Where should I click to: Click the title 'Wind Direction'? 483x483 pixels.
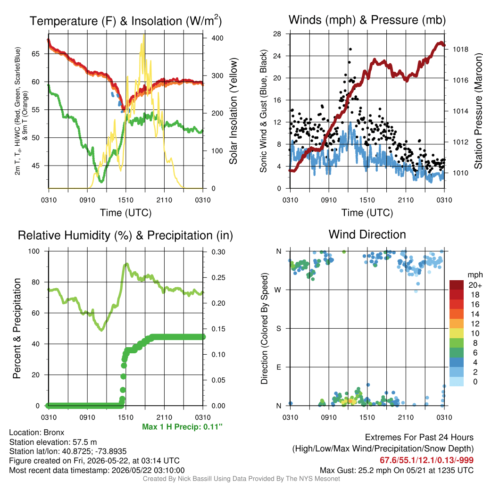coord(367,235)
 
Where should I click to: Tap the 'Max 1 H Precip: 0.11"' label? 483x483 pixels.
coord(183,427)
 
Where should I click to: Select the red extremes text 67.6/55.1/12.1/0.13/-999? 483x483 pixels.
coord(426,460)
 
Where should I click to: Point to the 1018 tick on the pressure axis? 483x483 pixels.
coord(460,50)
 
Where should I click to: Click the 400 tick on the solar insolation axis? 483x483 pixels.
coord(217,38)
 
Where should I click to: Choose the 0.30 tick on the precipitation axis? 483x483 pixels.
coord(218,252)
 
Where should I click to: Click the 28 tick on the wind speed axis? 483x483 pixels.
coord(277,34)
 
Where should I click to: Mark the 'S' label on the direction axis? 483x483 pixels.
coord(278,329)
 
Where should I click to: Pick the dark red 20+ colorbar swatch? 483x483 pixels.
coord(457,285)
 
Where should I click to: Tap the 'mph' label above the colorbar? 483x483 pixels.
coord(475,275)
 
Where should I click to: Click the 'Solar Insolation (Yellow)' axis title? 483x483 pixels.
coord(233,111)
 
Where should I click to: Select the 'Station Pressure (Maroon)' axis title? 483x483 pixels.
coord(478,111)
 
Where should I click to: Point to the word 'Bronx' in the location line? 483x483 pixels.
coord(54,433)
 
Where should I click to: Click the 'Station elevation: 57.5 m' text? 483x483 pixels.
coord(53,442)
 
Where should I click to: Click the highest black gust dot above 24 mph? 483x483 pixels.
coord(350,49)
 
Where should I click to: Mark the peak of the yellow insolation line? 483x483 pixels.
coord(143,35)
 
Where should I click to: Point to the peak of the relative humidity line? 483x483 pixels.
coord(126,264)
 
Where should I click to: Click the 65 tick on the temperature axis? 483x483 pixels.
coord(36,54)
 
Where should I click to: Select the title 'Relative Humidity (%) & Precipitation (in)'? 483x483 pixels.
coord(125,235)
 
